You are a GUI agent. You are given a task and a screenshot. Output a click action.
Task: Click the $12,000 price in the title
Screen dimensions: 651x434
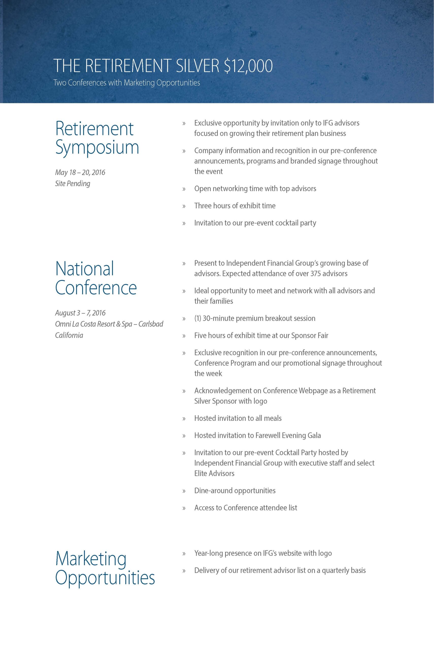pos(248,66)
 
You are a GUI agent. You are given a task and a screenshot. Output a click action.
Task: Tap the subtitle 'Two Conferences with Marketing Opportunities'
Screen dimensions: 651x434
pos(126,83)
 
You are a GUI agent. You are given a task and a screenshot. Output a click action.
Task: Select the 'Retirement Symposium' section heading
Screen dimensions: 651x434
pos(97,138)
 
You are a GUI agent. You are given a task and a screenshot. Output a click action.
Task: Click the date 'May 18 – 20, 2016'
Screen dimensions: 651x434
pos(80,172)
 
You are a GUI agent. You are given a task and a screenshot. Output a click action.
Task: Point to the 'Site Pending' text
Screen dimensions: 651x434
pos(73,183)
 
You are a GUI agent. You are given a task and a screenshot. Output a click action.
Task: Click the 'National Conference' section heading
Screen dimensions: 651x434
pos(96,278)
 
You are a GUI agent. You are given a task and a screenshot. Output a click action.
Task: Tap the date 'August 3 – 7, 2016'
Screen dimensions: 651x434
pos(80,313)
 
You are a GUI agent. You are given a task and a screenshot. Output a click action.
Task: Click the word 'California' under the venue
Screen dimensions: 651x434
pos(69,335)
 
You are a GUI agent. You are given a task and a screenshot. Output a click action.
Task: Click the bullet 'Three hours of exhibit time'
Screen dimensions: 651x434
pos(235,206)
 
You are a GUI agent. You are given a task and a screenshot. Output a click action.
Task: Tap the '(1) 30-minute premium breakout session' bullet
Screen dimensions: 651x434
pos(255,318)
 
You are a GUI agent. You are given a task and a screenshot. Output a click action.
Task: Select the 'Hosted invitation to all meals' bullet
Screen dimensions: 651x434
pos(238,418)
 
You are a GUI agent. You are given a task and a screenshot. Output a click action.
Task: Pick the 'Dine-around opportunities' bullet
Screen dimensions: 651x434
pos(235,491)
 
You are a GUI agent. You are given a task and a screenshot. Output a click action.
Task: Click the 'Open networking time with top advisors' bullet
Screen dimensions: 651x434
pos(255,188)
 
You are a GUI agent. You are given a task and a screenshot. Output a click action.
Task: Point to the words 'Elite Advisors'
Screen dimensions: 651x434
pos(214,473)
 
